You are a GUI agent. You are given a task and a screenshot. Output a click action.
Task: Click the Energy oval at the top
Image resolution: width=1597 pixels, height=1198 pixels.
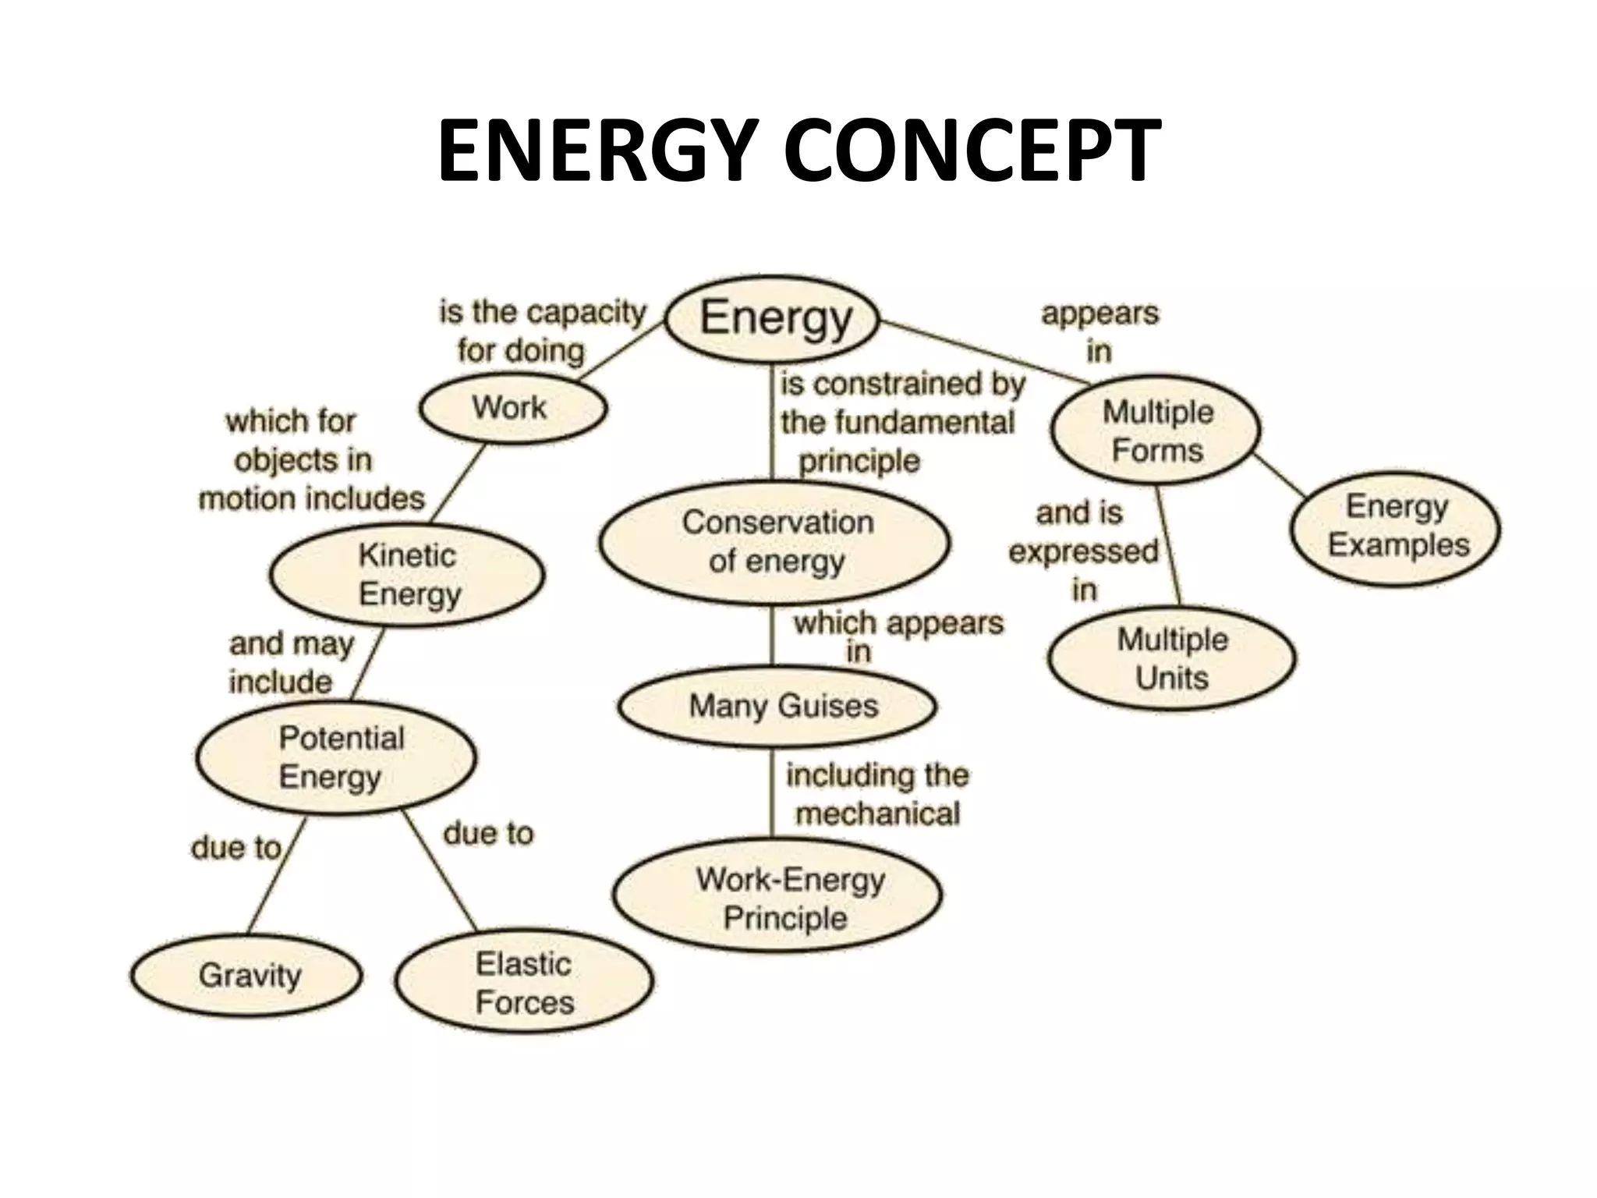click(x=772, y=318)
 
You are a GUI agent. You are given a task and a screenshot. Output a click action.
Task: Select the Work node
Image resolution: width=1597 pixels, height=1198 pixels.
click(x=512, y=408)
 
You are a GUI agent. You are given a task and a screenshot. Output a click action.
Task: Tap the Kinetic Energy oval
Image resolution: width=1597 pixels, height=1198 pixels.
click(x=407, y=575)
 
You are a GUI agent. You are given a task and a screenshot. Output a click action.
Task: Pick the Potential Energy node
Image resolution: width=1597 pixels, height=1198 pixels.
click(x=336, y=757)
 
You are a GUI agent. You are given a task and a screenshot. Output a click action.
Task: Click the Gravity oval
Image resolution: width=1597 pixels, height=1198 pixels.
click(x=246, y=975)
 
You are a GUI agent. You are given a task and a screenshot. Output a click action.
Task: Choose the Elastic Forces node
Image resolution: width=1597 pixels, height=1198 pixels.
click(x=524, y=983)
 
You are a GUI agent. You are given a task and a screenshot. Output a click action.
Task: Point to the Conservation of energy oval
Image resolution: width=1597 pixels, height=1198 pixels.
click(x=775, y=542)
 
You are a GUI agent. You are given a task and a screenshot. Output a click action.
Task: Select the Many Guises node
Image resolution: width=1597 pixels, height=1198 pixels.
click(x=777, y=706)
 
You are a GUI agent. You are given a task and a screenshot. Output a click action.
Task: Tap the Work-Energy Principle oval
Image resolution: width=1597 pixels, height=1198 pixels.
click(x=777, y=898)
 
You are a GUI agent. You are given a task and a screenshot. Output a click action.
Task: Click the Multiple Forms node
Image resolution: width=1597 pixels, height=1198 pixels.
click(x=1156, y=431)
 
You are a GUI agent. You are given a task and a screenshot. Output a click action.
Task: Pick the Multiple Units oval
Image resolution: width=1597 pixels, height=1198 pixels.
click(x=1171, y=658)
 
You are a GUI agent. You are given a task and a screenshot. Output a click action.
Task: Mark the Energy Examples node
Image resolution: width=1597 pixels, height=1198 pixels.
click(x=1396, y=526)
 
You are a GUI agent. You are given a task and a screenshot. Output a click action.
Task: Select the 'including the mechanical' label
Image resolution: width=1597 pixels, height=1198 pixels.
click(x=877, y=794)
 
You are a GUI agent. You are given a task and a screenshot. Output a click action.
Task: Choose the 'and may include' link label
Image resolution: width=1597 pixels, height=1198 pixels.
click(x=291, y=662)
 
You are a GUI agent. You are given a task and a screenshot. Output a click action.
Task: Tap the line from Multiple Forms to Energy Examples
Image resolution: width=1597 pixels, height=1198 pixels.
click(x=1279, y=476)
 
